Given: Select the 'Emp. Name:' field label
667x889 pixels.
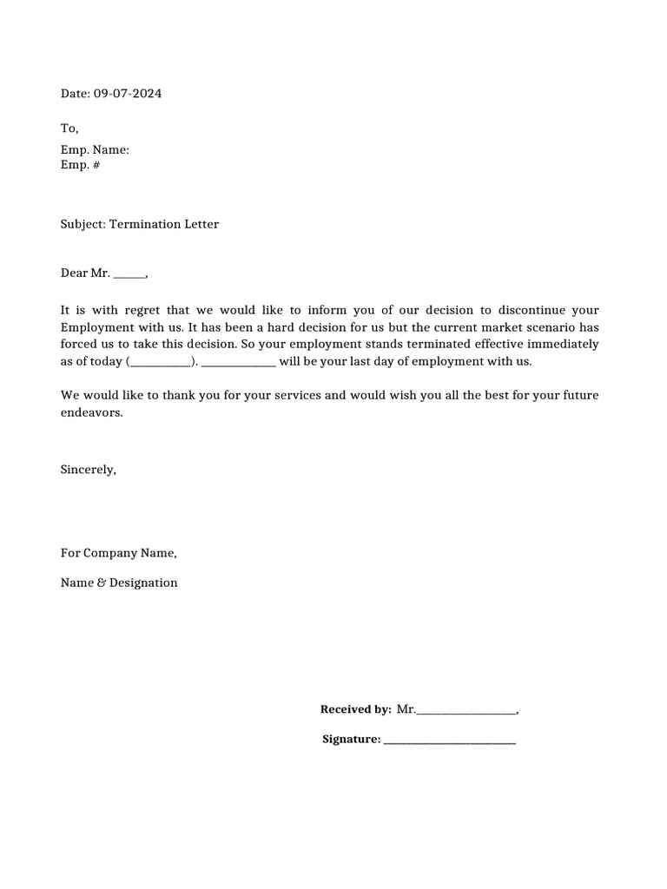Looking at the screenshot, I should [x=95, y=150].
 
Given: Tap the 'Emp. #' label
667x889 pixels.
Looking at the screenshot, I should [x=80, y=165].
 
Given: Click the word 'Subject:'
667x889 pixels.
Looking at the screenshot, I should [x=83, y=224].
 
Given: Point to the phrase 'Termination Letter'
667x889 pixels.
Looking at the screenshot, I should [x=164, y=224].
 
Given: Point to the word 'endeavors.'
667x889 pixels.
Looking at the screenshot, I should [x=92, y=412].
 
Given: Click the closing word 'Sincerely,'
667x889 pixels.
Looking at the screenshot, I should [x=88, y=470].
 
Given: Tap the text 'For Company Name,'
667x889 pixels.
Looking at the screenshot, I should [x=118, y=553].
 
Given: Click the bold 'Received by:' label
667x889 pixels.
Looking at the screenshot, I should [x=355, y=709].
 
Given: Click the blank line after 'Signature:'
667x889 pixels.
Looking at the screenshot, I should [x=449, y=741].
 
